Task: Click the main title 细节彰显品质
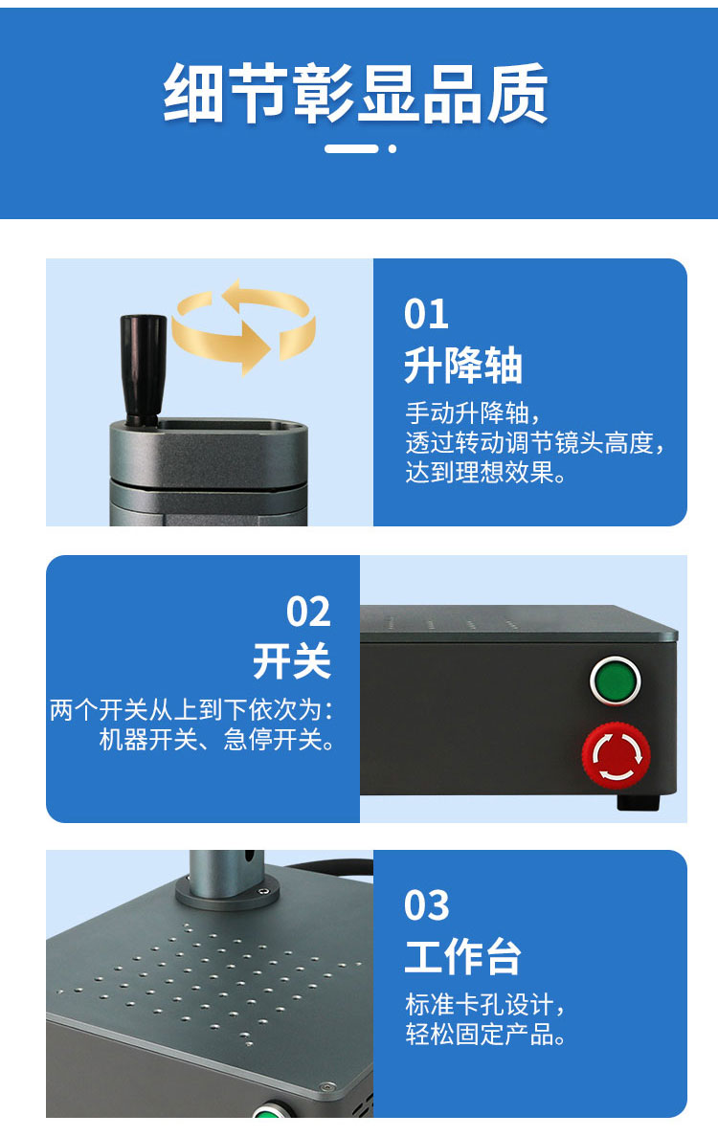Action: pos(355,94)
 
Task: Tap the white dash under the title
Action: pos(351,148)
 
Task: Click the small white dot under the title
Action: pos(393,148)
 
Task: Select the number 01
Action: pos(426,315)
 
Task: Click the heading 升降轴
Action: pos(462,365)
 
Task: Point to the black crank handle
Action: pos(143,369)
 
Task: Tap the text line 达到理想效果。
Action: pos(485,473)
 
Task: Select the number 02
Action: pos(308,612)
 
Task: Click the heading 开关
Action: pos(292,661)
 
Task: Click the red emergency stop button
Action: pos(616,755)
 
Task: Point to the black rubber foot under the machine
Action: pos(639,802)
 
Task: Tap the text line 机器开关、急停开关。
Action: pos(217,740)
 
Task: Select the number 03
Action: pos(426,906)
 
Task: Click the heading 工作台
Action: pos(462,956)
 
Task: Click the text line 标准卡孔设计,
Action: pos(484,1005)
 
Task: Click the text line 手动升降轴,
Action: pos(473,413)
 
